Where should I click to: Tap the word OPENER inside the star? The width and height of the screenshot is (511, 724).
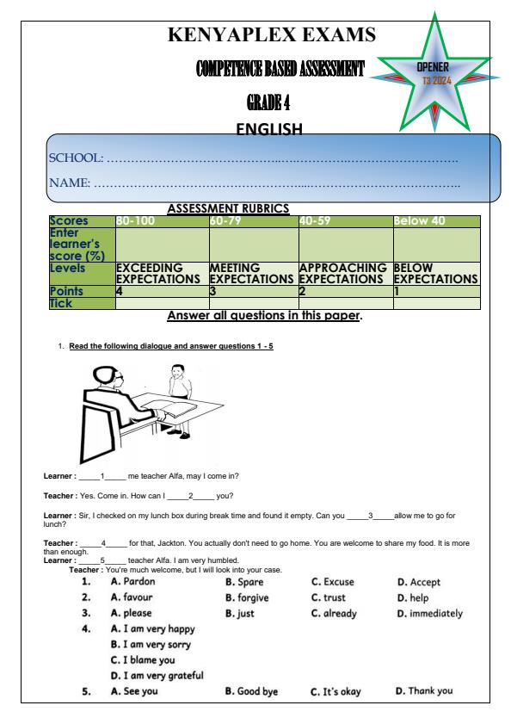pos(433,66)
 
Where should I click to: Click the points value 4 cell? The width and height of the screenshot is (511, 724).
pos(120,292)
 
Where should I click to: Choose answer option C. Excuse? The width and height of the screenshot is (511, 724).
pos(332,582)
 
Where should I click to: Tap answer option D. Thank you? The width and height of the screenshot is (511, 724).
pos(423,690)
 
